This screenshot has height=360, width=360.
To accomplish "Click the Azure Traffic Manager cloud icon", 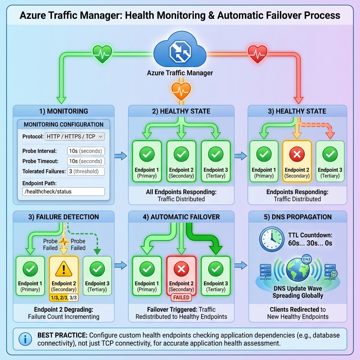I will pos(180,51).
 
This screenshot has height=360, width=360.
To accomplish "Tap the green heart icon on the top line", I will pos(102,54).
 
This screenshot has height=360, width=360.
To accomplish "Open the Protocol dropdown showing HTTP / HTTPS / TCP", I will pos(74,136).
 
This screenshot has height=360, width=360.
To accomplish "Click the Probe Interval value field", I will pos(85,151).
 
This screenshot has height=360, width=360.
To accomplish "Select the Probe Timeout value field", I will pos(85,161).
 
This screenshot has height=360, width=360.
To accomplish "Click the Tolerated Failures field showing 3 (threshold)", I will pos(85,171).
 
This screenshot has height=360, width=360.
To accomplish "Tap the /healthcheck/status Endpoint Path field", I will pos(63,192).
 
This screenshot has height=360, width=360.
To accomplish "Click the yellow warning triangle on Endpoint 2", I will pos(64,270).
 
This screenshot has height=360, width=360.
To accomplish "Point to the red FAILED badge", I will pos(181,297).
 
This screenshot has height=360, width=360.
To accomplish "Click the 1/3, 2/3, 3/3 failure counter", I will pos(64,297).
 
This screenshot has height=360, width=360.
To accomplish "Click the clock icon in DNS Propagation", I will pos(271,239).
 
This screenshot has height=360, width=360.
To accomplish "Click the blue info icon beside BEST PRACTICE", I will pos(24,339).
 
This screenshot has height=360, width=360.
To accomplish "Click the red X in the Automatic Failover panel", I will pos(181,270).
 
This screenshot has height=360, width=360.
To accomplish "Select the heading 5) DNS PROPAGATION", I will pos(297,217).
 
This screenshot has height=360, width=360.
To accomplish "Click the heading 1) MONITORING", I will pos(63,111).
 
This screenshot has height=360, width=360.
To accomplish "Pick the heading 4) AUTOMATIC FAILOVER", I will pos(181,217).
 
